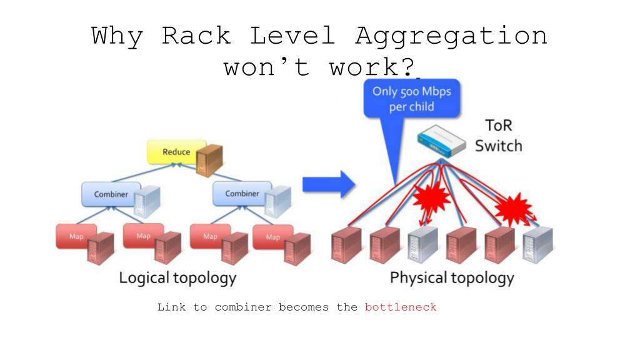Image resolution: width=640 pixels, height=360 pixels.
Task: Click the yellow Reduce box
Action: click(x=176, y=152)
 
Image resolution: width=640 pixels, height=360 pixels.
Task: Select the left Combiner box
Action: click(x=111, y=194)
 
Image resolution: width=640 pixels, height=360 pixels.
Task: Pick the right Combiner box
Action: click(x=242, y=194)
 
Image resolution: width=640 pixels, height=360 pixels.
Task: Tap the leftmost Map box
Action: click(x=76, y=236)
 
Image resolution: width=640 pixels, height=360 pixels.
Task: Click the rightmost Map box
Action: click(x=272, y=237)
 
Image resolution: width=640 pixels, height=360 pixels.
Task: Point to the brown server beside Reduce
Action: click(x=209, y=160)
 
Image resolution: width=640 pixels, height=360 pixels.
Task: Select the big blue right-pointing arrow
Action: click(x=329, y=184)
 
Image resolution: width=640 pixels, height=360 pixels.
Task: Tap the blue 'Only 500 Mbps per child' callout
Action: click(x=411, y=99)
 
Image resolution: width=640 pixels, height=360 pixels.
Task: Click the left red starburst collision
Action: click(x=431, y=197)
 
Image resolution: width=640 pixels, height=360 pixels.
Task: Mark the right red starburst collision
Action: click(x=513, y=208)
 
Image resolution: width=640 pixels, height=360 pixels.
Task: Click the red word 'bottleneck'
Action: click(x=401, y=307)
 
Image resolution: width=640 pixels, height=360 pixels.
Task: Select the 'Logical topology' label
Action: click(x=177, y=278)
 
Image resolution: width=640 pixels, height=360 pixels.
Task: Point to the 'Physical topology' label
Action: click(x=452, y=278)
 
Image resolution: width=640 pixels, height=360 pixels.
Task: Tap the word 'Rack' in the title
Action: click(x=196, y=35)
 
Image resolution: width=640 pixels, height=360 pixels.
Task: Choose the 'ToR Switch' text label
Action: click(x=498, y=136)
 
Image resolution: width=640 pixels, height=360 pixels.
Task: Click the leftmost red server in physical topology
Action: click(x=346, y=245)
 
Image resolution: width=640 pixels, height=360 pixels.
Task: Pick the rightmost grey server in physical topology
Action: click(x=538, y=245)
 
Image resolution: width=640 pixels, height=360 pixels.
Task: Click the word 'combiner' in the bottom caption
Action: click(x=243, y=307)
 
